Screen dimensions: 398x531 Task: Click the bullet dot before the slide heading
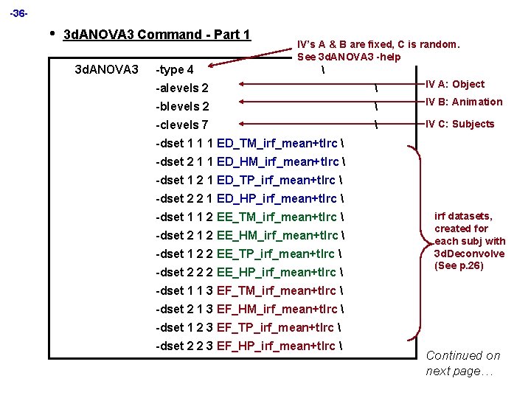pyautogui.click(x=51, y=33)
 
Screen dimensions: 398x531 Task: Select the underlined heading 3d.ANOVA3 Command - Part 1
pyautogui.click(x=158, y=35)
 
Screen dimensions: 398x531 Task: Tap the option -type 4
pyautogui.click(x=175, y=70)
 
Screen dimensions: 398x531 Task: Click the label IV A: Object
pyautogui.click(x=455, y=84)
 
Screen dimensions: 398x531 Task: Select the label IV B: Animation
pyautogui.click(x=464, y=102)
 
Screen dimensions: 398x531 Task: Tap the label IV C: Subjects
pyautogui.click(x=460, y=124)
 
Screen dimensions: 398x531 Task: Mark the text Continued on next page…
pyautogui.click(x=463, y=363)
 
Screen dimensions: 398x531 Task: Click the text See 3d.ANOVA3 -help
pyautogui.click(x=349, y=57)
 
